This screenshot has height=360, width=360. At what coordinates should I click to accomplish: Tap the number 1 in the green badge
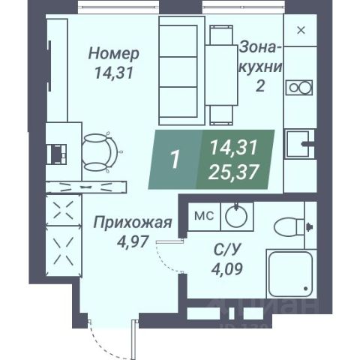175,159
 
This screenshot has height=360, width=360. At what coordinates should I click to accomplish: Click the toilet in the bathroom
289,225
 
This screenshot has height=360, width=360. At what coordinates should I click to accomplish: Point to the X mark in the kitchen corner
301,30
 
